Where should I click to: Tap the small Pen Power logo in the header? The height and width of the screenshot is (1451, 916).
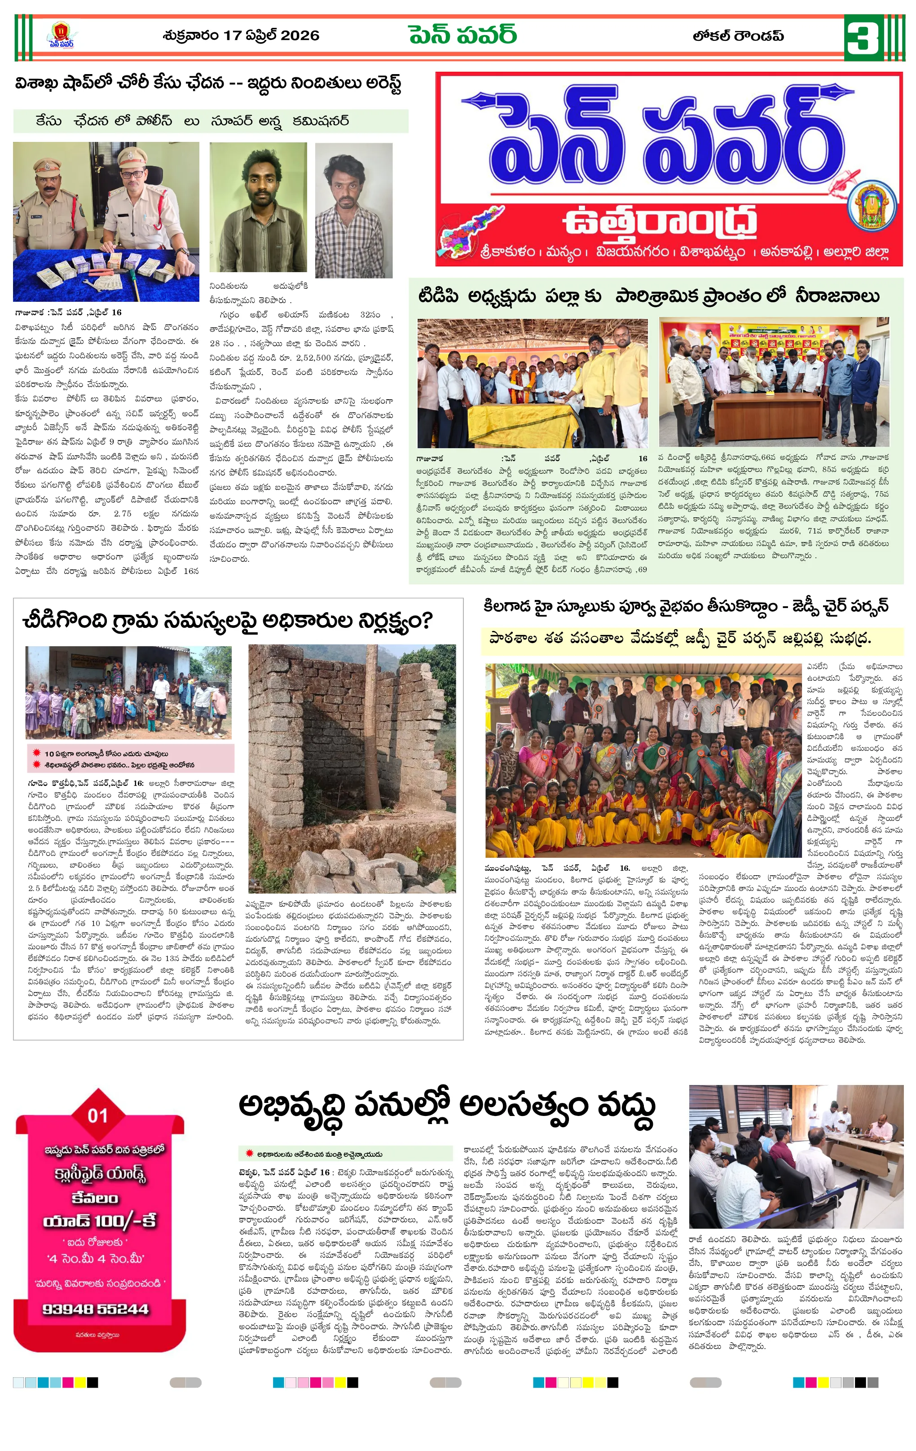[62, 35]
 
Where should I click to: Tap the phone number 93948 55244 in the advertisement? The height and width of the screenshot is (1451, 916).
[95, 1309]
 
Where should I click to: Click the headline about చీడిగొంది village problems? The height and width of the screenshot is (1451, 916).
[227, 620]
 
